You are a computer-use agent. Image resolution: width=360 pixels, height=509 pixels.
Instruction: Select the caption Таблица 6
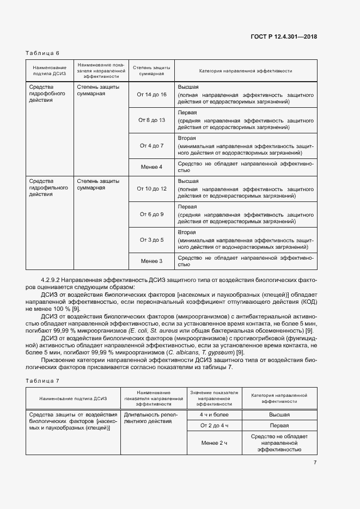[42, 53]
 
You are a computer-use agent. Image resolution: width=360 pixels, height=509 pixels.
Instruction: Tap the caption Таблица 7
[42, 381]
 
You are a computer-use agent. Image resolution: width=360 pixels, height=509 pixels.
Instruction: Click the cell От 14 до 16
[151, 95]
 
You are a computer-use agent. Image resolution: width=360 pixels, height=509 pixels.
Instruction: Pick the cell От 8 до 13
[151, 120]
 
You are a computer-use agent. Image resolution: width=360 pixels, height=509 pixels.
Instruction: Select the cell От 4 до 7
[151, 146]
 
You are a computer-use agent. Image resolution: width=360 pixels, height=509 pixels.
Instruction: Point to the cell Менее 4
[151, 167]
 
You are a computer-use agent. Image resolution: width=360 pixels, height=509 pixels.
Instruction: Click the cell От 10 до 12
[151, 188]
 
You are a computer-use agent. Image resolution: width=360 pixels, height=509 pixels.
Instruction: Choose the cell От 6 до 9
[151, 214]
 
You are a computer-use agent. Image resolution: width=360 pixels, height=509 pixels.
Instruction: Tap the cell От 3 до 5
[151, 240]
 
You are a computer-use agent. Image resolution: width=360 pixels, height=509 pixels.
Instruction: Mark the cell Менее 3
[151, 261]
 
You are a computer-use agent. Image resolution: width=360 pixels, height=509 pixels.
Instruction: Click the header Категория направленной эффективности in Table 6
[246, 71]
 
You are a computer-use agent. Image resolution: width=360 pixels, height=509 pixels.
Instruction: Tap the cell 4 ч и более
[214, 415]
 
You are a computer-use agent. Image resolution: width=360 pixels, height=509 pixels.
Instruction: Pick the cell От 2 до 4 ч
[214, 425]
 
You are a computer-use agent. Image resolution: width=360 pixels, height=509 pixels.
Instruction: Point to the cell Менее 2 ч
[214, 443]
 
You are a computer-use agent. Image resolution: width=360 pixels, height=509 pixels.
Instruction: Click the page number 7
[315, 463]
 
